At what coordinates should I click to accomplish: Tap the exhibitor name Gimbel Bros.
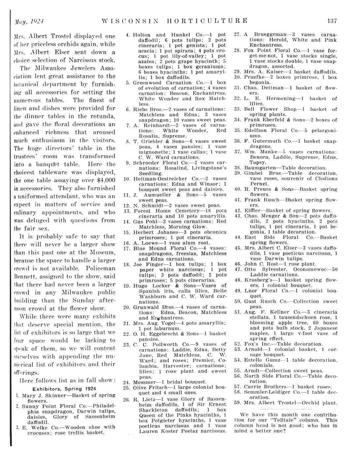(262, 173)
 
